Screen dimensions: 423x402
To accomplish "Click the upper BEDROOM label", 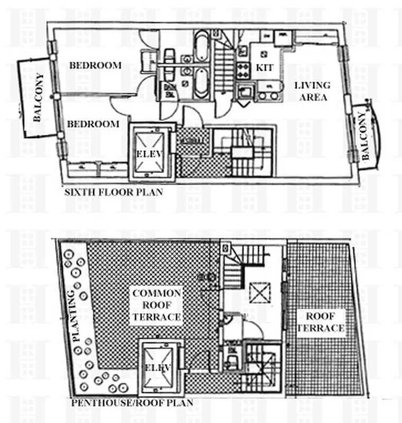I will click(x=95, y=66).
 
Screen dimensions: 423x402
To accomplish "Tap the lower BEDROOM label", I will click(x=93, y=124).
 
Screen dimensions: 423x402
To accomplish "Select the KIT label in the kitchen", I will click(x=264, y=68).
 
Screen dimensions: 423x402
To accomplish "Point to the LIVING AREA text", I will click(x=312, y=91).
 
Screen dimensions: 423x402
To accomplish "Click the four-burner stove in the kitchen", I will click(x=243, y=70).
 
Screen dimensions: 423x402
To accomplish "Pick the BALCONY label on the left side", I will click(x=38, y=98).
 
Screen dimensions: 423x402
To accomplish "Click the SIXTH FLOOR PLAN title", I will click(x=113, y=192).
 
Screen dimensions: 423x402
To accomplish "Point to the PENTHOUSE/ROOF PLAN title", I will click(x=132, y=403).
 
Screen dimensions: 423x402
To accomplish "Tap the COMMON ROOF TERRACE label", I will click(x=157, y=305).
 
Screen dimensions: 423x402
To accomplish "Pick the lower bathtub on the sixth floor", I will click(x=202, y=85).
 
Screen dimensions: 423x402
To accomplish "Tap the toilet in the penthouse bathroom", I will click(x=231, y=361).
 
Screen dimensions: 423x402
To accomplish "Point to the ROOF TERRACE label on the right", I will click(x=319, y=323).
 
